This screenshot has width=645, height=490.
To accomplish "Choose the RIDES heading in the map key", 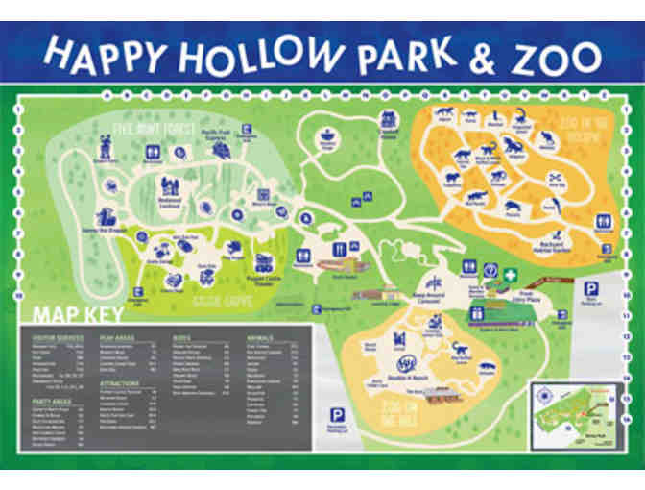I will tap(181, 338).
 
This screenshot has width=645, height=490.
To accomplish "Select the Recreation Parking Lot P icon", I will tap(336, 414).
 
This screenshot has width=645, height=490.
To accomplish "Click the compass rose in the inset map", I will tap(544, 395).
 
